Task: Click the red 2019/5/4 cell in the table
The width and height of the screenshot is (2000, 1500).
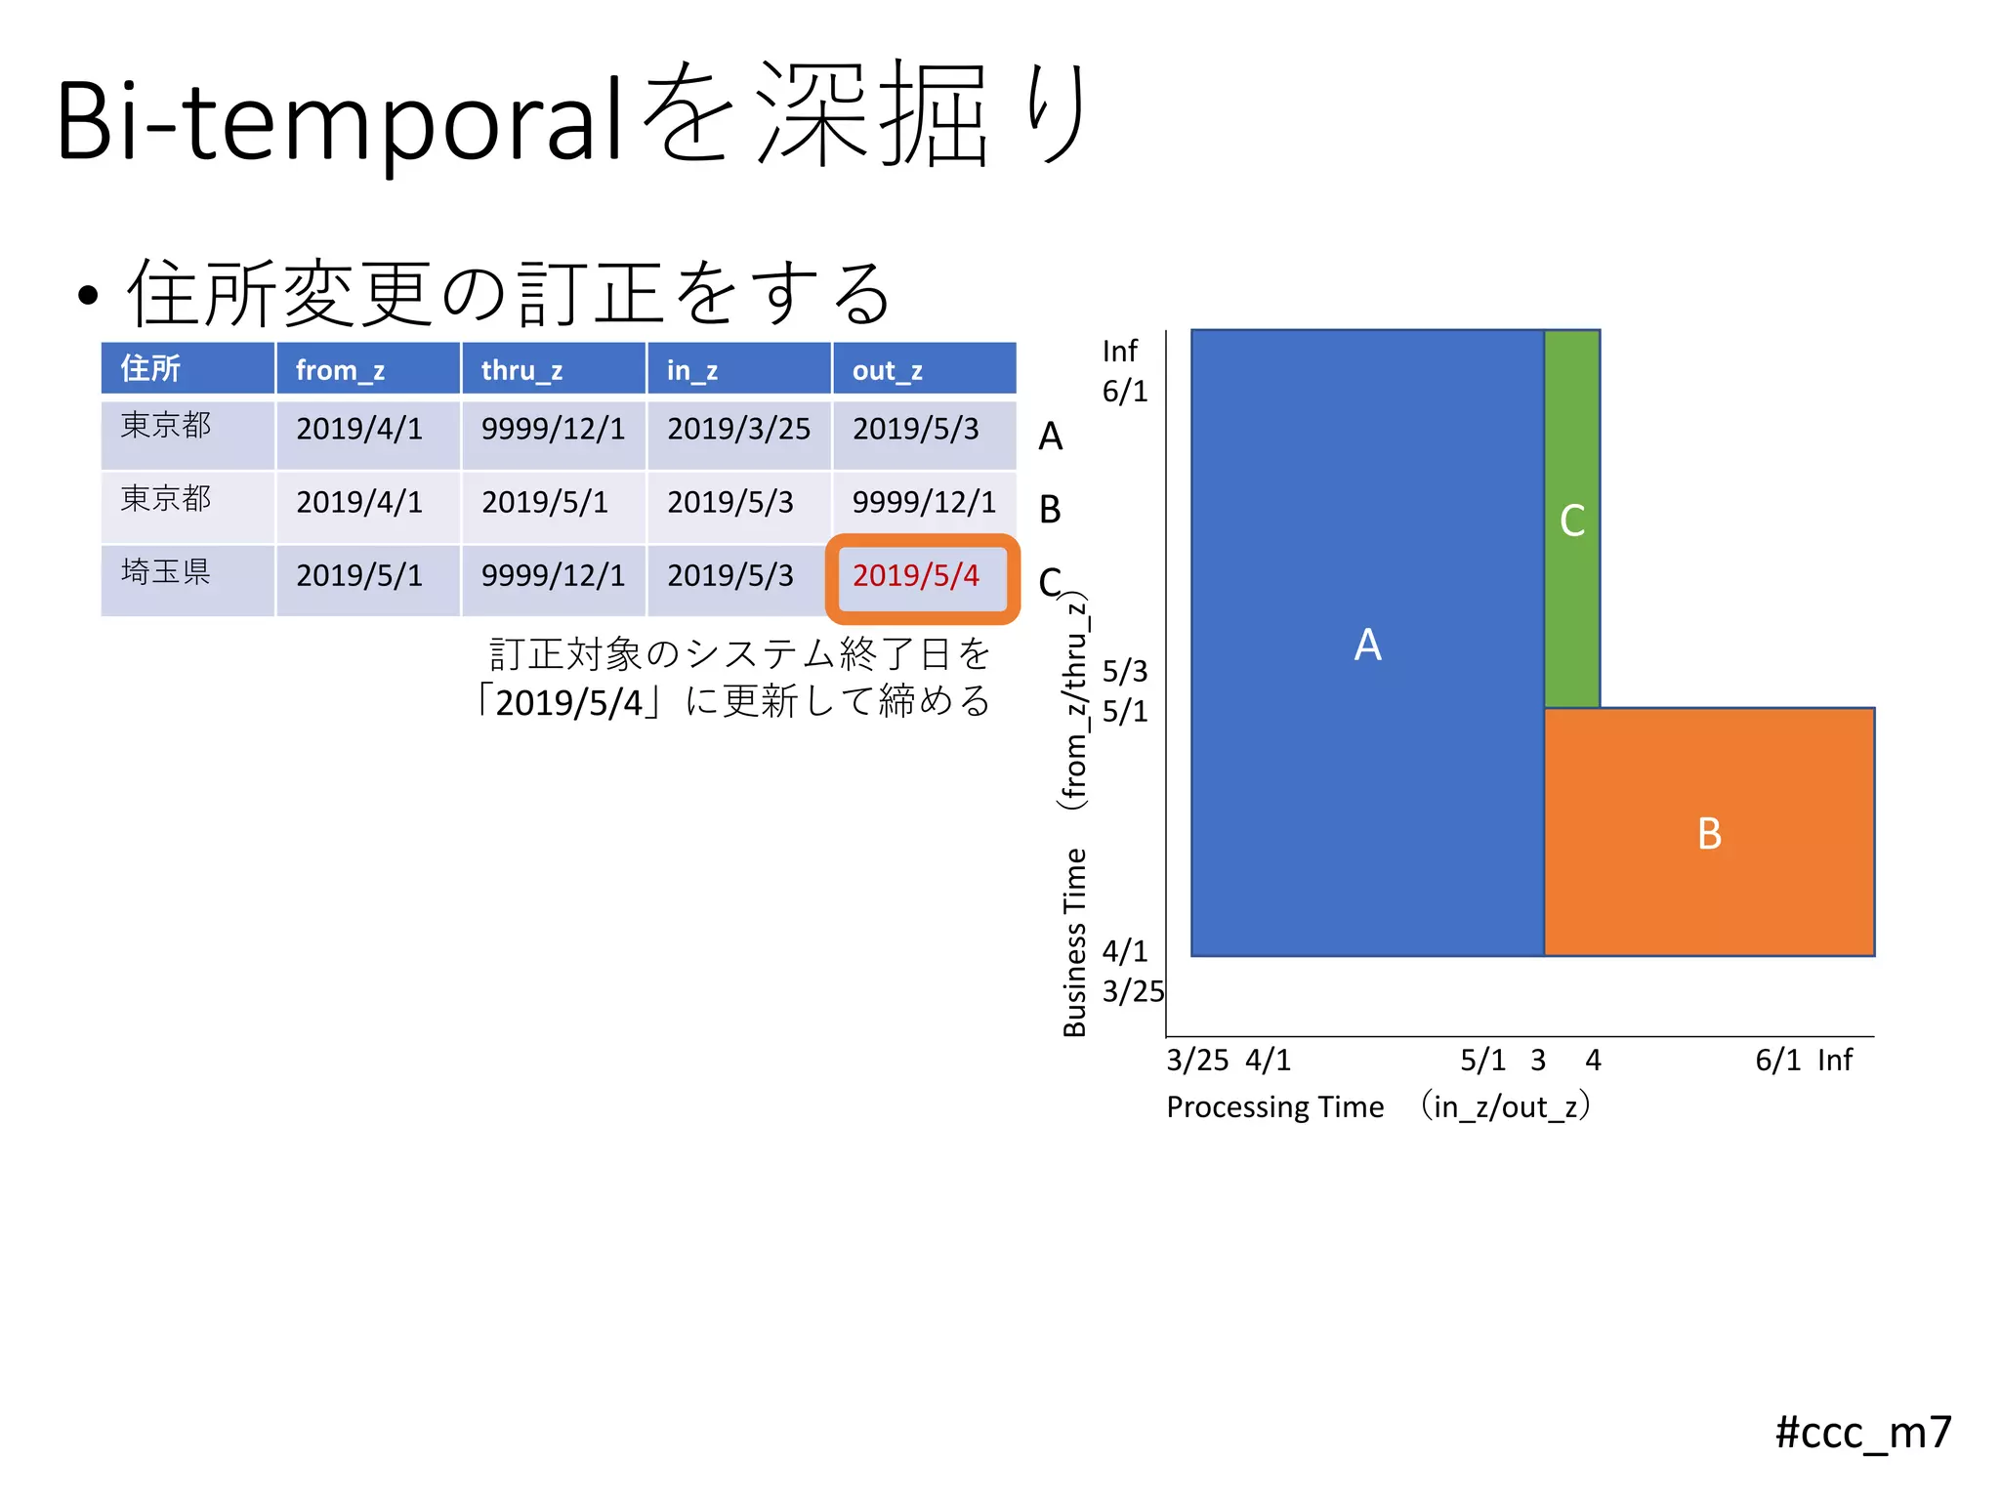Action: point(916,576)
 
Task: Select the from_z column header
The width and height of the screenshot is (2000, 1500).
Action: point(340,370)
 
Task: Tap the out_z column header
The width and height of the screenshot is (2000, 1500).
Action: point(887,370)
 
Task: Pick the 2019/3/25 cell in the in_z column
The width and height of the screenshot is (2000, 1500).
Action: point(738,429)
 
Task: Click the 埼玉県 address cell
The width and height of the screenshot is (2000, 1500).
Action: point(166,572)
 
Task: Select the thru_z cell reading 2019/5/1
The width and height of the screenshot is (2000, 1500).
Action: point(544,502)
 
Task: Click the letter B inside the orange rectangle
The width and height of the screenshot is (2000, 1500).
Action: point(1709,834)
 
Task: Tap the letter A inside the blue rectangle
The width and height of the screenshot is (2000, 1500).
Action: point(1367,645)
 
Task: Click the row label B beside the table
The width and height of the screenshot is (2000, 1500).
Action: point(1050,510)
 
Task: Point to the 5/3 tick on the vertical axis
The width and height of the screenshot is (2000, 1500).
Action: point(1125,671)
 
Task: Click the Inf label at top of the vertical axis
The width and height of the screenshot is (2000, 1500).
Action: point(1119,351)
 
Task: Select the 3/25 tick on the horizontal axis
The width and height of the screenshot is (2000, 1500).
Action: point(1197,1061)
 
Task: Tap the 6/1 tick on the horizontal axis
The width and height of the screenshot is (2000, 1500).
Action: point(1777,1061)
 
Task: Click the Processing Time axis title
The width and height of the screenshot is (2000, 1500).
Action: point(1274,1107)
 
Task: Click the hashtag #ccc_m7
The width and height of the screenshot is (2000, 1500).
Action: point(1862,1433)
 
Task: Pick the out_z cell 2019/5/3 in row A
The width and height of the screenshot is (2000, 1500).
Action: point(916,429)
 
